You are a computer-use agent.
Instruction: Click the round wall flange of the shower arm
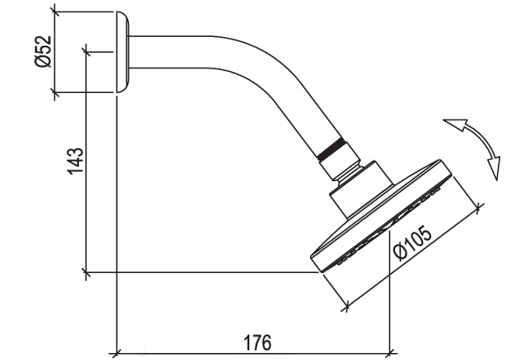pyautogui.click(x=123, y=54)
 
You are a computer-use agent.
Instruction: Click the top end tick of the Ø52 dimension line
pyautogui.click(x=55, y=12)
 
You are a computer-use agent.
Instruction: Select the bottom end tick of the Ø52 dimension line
pyautogui.click(x=55, y=94)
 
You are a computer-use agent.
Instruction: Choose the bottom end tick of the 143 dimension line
pyautogui.click(x=86, y=272)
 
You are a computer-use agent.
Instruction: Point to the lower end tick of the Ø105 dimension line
pyautogui.click(x=346, y=307)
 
